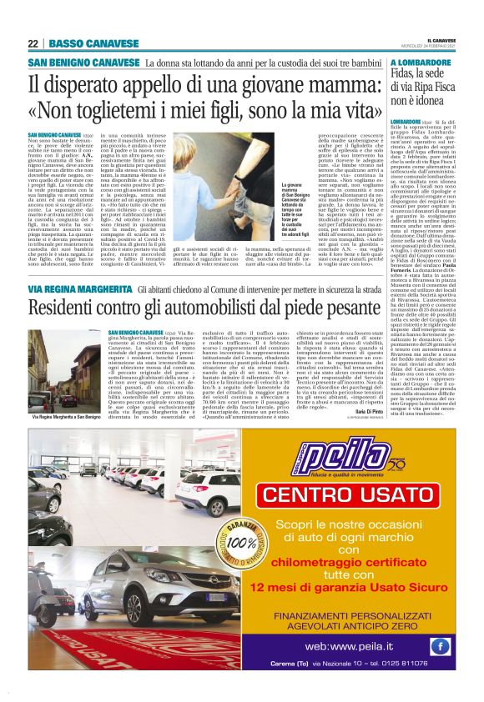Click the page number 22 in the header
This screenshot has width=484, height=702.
coord(33,43)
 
